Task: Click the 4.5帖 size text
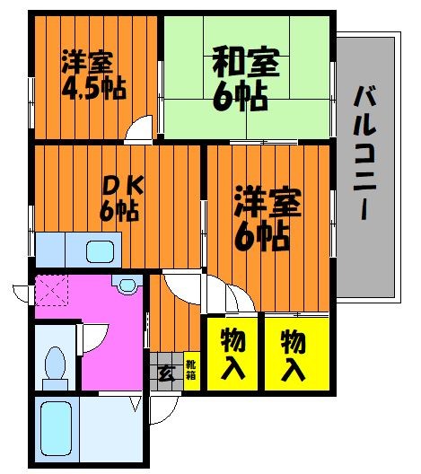click(93, 90)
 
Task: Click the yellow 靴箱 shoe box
click(190, 370)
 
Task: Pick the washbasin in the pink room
click(127, 285)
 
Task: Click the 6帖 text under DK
click(118, 214)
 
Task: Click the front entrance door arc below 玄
click(162, 408)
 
